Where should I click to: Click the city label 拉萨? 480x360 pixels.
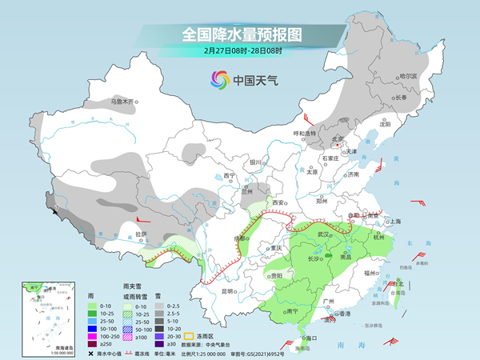click(141, 234)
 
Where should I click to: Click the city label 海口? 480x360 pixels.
click(313, 339)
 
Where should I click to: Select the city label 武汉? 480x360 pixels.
click(323, 234)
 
